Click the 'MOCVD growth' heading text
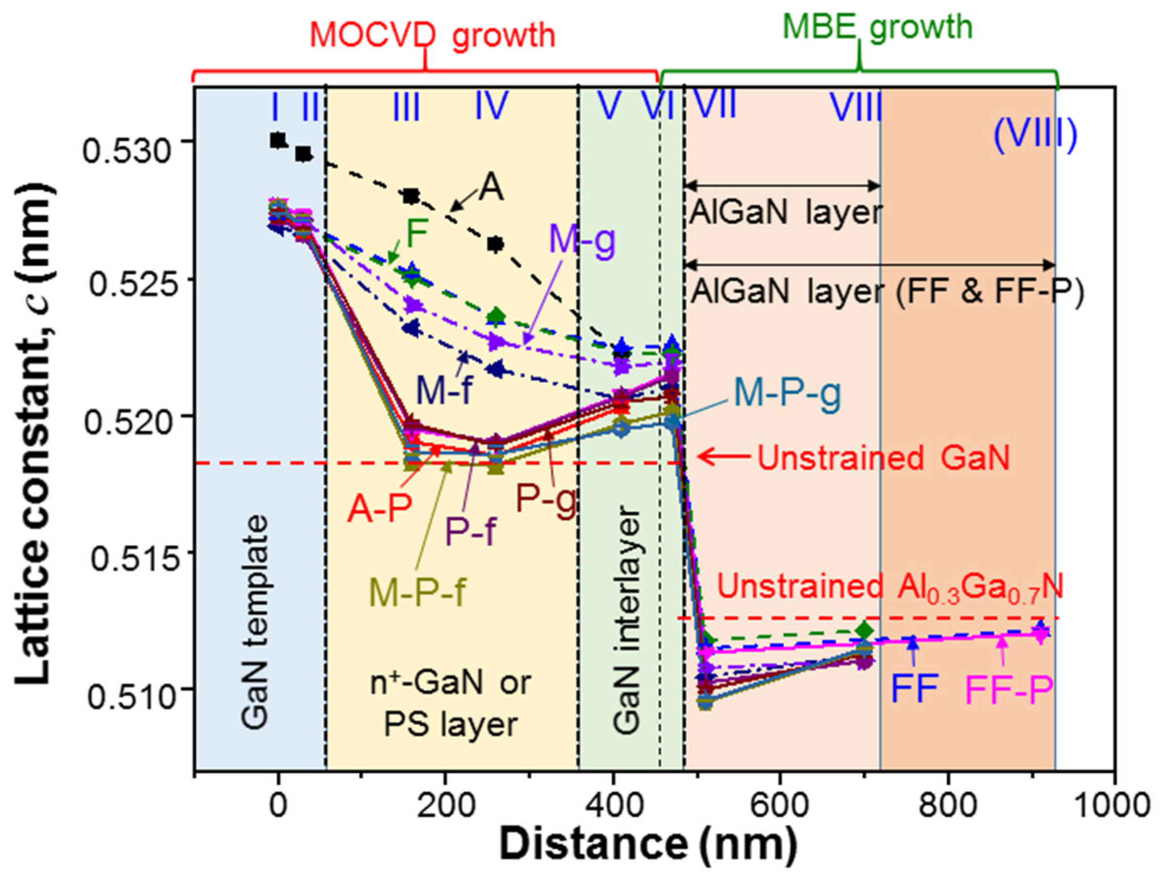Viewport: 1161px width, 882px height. click(x=432, y=36)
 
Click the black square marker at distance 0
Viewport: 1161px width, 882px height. click(x=278, y=140)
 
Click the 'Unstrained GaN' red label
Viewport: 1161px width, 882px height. click(x=883, y=458)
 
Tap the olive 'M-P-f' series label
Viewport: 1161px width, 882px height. click(x=417, y=592)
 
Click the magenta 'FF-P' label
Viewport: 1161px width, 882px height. click(x=1009, y=691)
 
